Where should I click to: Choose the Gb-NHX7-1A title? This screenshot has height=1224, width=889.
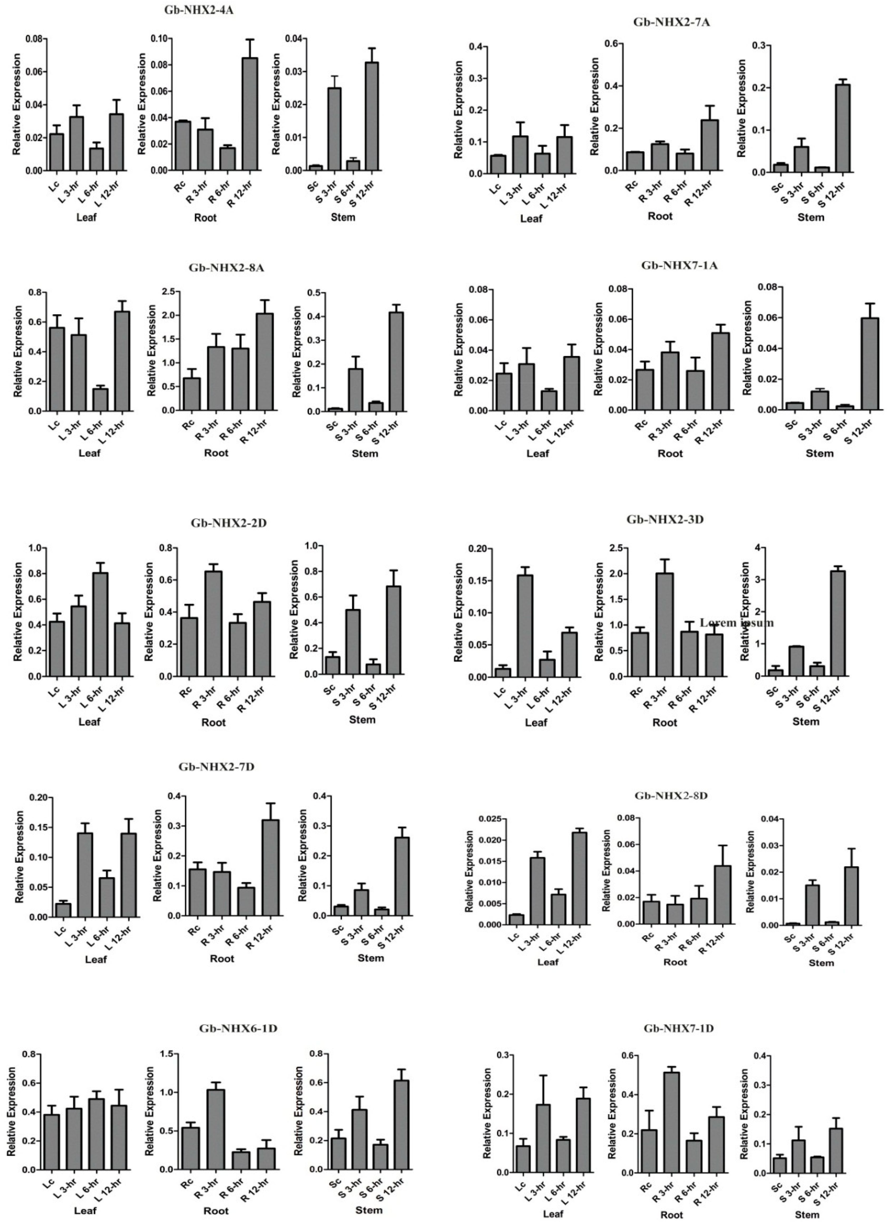pos(679,265)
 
